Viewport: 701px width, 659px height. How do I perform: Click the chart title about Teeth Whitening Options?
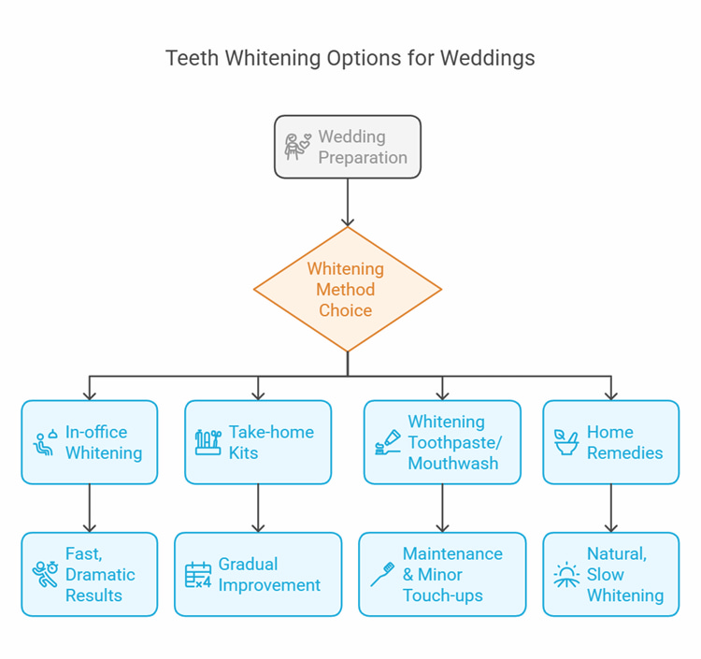point(350,58)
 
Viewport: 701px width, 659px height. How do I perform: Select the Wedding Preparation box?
point(348,147)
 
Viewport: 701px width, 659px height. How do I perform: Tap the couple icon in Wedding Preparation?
point(297,147)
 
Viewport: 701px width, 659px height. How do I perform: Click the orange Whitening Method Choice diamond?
point(347,290)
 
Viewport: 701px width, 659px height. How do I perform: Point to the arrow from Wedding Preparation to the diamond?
point(348,202)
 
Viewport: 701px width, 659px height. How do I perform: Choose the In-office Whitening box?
point(90,442)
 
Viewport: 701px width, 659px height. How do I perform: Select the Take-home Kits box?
point(258,442)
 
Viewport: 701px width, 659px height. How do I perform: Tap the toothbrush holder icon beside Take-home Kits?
point(208,442)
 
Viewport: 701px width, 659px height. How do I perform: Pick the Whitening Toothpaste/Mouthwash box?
point(442,442)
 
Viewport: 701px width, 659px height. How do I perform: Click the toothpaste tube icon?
point(387,443)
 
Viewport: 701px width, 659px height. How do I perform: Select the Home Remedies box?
point(610,442)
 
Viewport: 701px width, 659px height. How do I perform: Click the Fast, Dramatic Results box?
point(90,574)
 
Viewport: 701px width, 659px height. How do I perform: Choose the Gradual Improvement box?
point(258,574)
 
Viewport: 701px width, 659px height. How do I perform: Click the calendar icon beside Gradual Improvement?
point(198,575)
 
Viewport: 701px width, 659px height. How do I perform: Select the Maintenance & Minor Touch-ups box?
point(442,574)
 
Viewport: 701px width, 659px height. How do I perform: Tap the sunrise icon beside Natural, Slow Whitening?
point(566,575)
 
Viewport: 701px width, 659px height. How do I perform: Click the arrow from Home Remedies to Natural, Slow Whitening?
point(611,508)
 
